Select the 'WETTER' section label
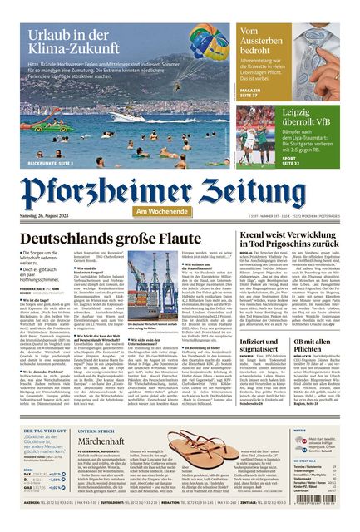pos(300,431)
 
